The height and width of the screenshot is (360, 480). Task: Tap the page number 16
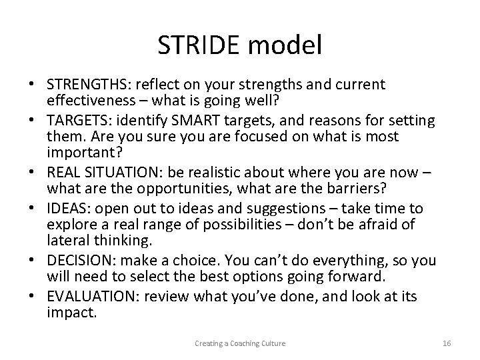tap(447, 343)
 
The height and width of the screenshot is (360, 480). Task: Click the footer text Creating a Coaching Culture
tap(240, 343)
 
